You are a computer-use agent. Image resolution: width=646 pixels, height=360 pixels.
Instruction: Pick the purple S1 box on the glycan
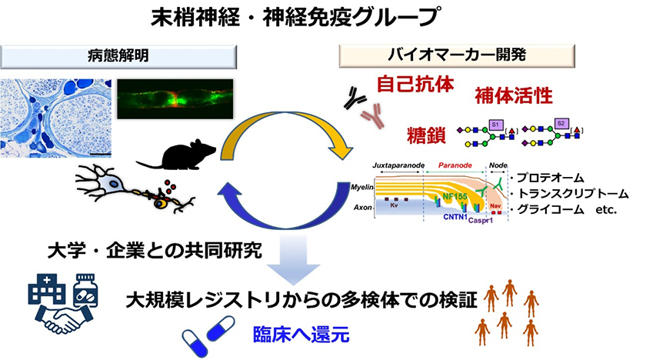[x=496, y=125]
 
